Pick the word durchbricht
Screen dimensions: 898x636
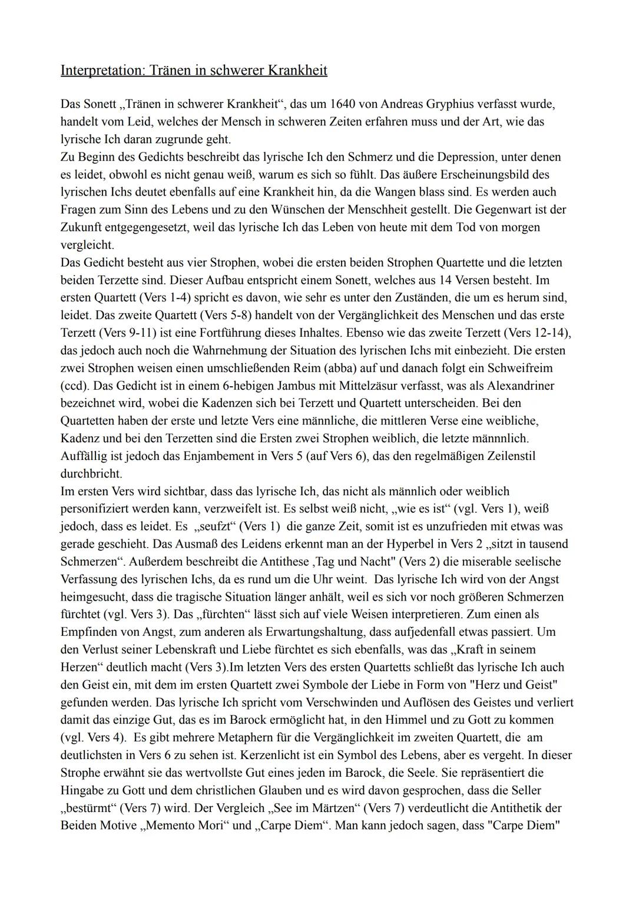click(x=91, y=473)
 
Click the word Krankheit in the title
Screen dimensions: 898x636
click(x=297, y=71)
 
